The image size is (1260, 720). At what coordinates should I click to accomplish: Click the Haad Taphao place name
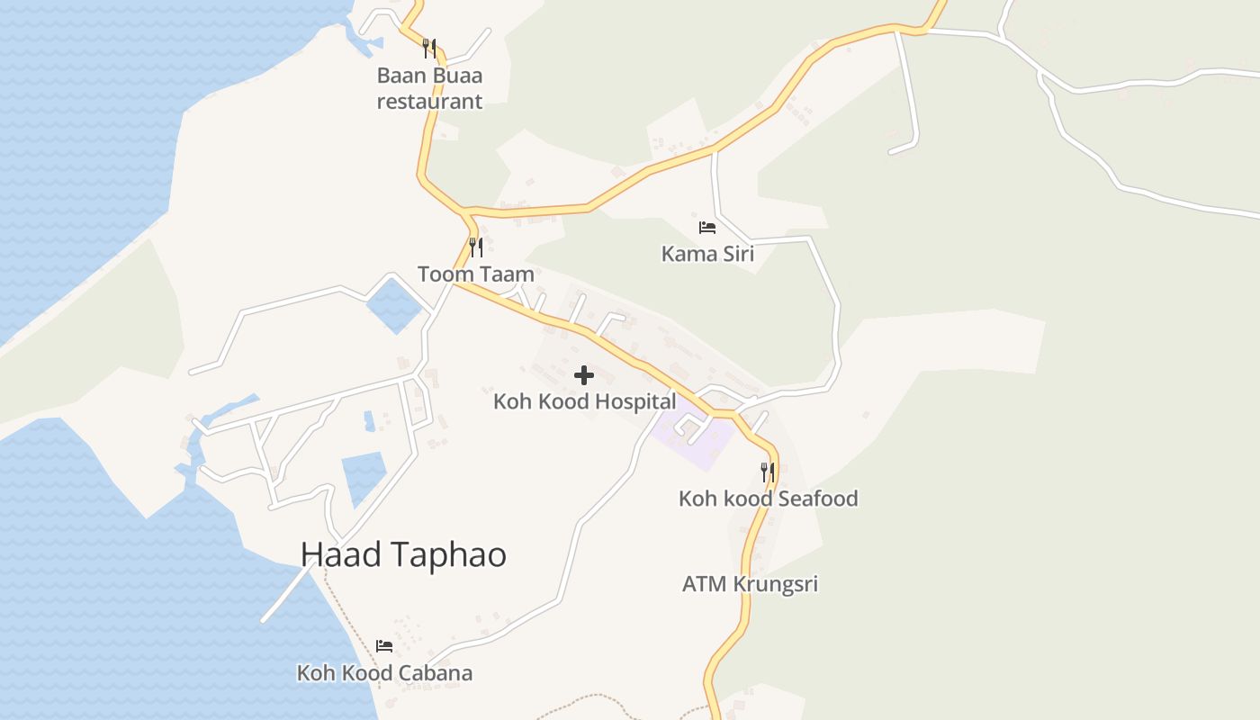coord(403,555)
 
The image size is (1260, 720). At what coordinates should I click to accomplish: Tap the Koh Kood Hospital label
coord(584,401)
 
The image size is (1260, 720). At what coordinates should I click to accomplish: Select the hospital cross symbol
coord(584,375)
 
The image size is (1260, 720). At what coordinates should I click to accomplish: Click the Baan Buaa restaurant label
coord(429,88)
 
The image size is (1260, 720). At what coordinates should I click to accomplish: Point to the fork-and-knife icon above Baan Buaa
coord(429,48)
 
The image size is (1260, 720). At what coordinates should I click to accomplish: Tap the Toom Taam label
coord(475,274)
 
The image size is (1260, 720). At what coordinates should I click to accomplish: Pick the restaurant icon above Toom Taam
coord(476,247)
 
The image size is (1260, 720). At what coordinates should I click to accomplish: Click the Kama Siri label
coord(707,254)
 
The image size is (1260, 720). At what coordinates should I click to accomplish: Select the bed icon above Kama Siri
coord(707,228)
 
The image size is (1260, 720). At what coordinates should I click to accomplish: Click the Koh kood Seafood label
coord(768,499)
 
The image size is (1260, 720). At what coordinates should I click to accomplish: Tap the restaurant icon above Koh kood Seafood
coord(767,471)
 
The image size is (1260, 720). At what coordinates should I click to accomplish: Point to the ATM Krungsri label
coord(750,584)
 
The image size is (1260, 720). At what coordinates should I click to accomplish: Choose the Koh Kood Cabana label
coord(384,673)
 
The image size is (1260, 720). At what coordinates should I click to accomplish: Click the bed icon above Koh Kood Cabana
coord(384,646)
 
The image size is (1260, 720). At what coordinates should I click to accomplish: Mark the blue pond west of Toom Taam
coord(393,305)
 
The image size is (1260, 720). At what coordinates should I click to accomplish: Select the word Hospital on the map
coord(629,401)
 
